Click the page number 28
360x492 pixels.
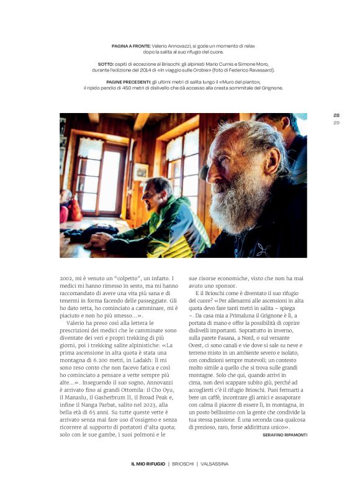[336, 115]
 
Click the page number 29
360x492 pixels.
[336, 122]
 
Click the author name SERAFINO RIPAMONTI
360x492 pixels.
[284, 435]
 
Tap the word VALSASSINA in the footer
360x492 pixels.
[214, 464]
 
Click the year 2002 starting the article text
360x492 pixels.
[68, 279]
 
